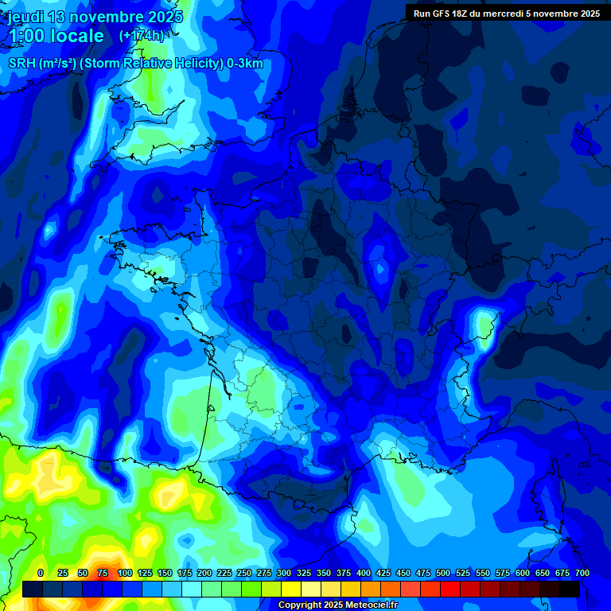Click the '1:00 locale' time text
56,36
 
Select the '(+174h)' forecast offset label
142,36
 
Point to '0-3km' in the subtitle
245,64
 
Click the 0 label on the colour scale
40,573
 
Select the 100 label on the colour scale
124,573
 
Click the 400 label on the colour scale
364,573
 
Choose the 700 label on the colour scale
582,573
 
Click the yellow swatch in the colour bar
290,589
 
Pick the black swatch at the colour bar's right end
569,589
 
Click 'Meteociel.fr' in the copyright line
371,605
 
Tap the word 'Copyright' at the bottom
300,605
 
